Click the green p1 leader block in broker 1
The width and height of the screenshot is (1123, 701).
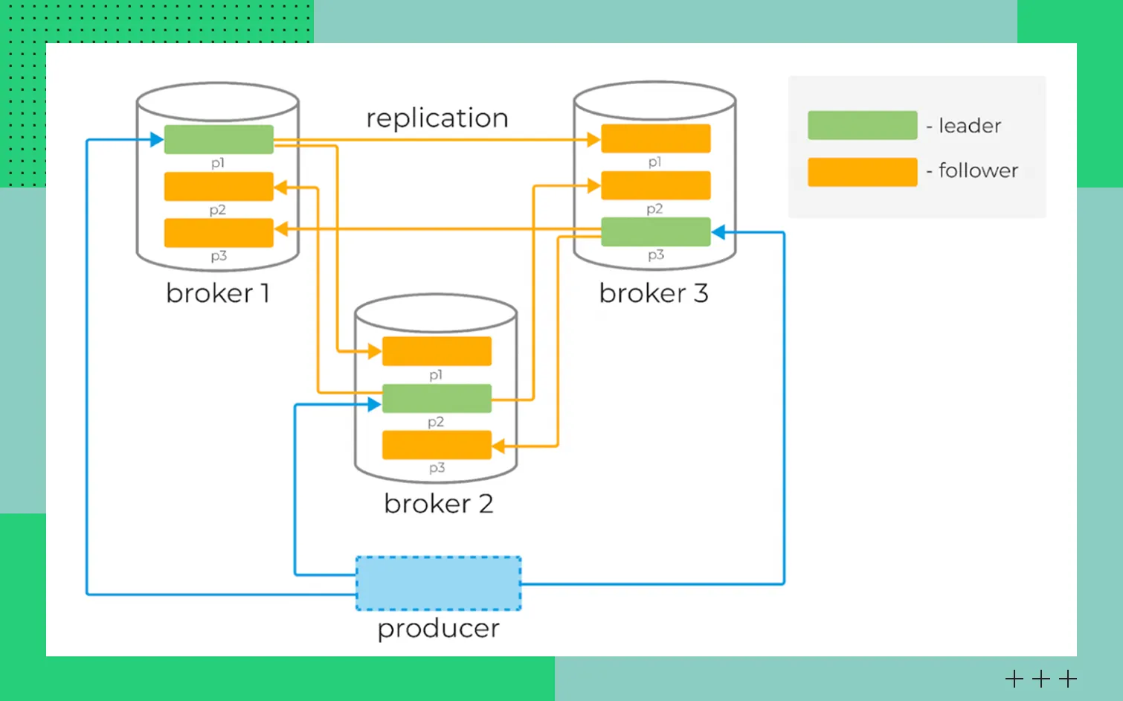coord(219,139)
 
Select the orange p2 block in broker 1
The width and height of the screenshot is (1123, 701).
coord(219,186)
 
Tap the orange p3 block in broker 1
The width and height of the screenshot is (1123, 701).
coord(219,232)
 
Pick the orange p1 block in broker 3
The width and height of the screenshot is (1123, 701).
coord(655,138)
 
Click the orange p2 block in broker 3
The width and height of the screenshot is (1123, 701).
coord(655,185)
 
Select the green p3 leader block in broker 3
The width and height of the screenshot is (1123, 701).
coord(655,231)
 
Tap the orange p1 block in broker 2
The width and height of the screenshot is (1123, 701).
coord(437,351)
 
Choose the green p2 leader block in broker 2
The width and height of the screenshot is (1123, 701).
coord(437,398)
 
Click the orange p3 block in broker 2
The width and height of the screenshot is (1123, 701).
coord(437,445)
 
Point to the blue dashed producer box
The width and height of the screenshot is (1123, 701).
coord(438,583)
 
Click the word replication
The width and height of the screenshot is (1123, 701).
coord(437,118)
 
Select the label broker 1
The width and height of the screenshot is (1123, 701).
coord(217,293)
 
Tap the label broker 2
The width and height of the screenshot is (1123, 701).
coord(438,504)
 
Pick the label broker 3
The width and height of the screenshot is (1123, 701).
coord(653,293)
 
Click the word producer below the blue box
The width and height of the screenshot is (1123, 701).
coord(438,629)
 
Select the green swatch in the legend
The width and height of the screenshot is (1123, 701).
coord(862,125)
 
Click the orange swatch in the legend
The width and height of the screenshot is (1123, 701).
coord(862,172)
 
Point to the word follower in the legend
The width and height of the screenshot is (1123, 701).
coord(978,170)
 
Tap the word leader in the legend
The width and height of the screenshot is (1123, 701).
coord(970,126)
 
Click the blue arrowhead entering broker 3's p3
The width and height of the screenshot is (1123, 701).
coord(718,233)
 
